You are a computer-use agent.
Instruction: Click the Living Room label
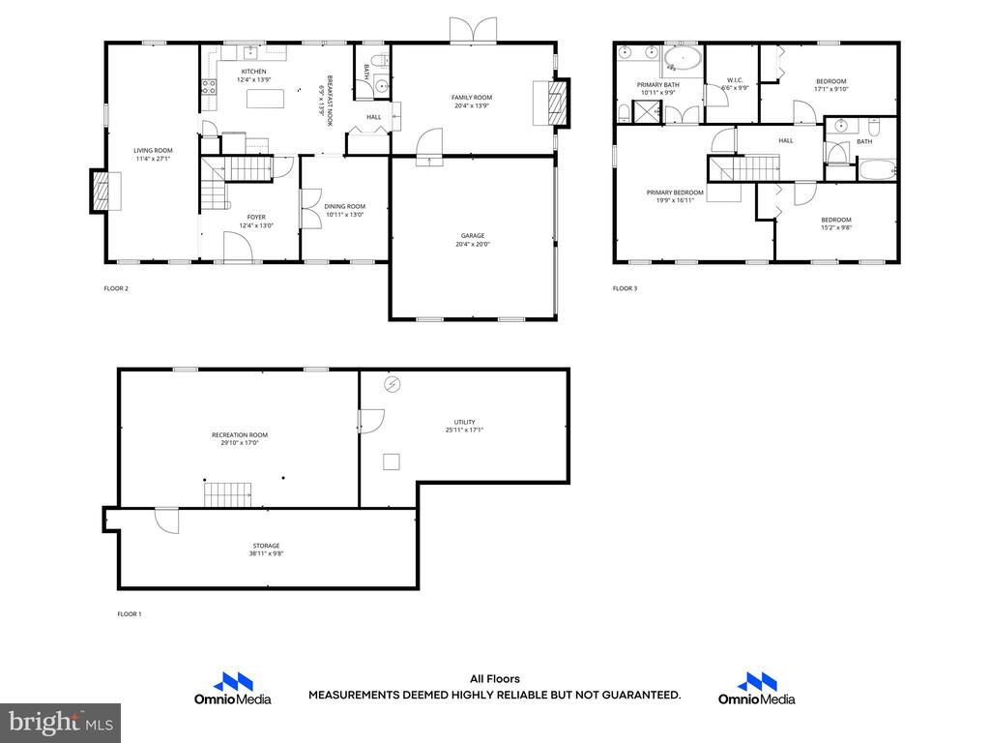click(x=153, y=150)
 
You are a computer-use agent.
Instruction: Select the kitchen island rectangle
click(x=265, y=99)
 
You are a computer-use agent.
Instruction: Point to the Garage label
click(x=472, y=236)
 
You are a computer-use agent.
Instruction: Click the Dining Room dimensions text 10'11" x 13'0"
click(x=345, y=215)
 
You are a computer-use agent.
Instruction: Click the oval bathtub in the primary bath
click(x=683, y=60)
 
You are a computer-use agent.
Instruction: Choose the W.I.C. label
click(x=735, y=80)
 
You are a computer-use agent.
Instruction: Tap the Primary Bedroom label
click(x=675, y=193)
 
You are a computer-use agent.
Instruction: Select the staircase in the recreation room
click(x=227, y=494)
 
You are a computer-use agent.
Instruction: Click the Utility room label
click(x=465, y=422)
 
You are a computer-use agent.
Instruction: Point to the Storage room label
click(x=267, y=546)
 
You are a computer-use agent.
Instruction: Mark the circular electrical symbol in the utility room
click(x=393, y=384)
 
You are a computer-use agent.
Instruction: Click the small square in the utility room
click(x=392, y=461)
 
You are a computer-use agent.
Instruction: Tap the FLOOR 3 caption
click(x=626, y=288)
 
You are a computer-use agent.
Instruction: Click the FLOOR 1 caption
click(x=130, y=614)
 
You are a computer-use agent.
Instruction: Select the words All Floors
click(x=495, y=679)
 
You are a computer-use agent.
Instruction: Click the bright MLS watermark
click(x=61, y=723)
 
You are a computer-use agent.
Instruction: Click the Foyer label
click(x=256, y=218)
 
